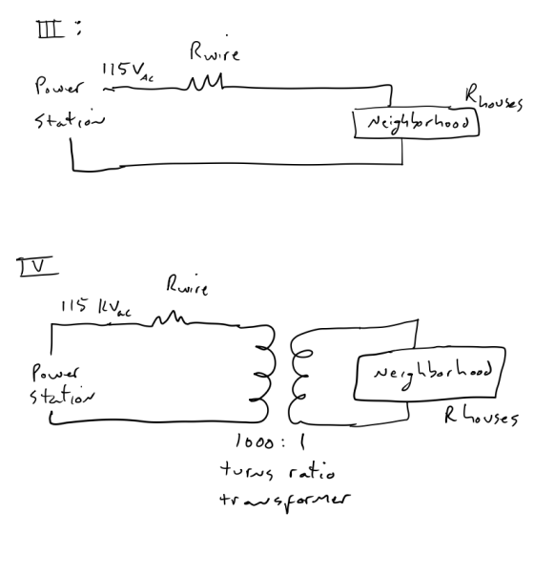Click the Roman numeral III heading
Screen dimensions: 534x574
[x=51, y=30]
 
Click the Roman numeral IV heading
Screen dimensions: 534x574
[x=36, y=266]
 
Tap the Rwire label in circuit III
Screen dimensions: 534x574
[x=215, y=51]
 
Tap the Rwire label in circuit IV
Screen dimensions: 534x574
[x=188, y=285]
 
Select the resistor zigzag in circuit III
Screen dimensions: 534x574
[x=205, y=82]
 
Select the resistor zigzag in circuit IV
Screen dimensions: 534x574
[x=170, y=318]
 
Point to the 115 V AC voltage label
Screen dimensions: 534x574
[x=128, y=71]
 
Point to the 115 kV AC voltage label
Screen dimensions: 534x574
[x=96, y=307]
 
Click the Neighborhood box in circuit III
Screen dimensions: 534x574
[x=417, y=110]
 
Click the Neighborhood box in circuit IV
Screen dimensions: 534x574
[x=430, y=348]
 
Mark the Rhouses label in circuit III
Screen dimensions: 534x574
[x=493, y=97]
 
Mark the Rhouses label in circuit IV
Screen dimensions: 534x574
[x=482, y=417]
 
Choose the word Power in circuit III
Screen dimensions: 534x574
[x=59, y=87]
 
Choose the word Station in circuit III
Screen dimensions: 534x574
[x=70, y=118]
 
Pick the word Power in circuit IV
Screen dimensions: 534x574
[x=55, y=372]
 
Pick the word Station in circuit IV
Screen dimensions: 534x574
[x=61, y=396]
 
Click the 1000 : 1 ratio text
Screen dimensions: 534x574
[x=270, y=441]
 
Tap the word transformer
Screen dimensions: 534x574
[x=285, y=501]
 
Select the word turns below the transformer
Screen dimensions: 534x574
[x=247, y=470]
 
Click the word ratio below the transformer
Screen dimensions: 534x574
[x=312, y=470]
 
